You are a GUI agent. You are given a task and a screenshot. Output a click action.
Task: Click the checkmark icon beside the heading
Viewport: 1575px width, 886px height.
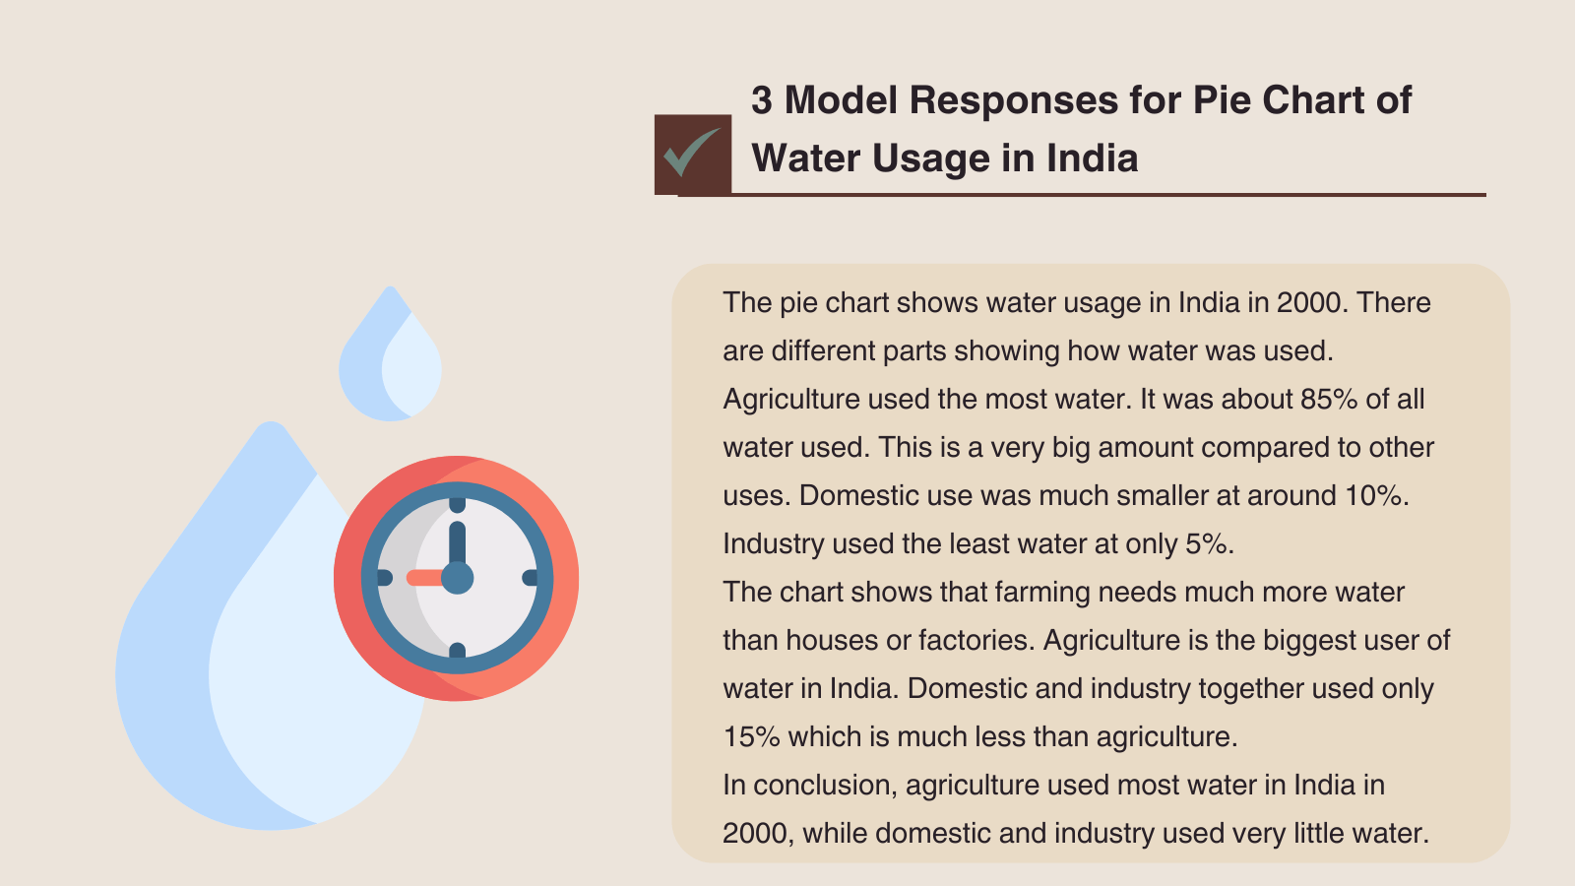click(692, 155)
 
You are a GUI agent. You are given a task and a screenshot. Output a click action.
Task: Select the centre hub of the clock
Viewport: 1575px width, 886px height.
click(457, 578)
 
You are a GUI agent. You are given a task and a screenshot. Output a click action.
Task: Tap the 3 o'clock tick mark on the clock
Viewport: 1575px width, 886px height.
click(531, 578)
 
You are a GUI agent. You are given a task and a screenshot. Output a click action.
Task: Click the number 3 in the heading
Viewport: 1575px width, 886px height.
click(762, 100)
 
